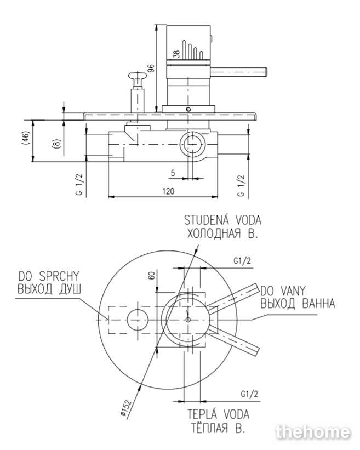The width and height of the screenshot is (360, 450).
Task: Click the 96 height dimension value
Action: [151, 69]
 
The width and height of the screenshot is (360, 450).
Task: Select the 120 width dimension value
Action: [168, 191]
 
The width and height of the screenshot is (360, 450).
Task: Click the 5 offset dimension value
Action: [173, 173]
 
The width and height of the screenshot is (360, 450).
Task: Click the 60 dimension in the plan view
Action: [152, 275]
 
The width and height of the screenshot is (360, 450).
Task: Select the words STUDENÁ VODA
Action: [222, 220]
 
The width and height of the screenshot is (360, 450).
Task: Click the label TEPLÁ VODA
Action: [218, 414]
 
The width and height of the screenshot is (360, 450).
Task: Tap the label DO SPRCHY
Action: [49, 276]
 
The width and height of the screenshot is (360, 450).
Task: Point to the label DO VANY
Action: [283, 291]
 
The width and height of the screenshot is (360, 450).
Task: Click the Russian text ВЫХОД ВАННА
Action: [298, 303]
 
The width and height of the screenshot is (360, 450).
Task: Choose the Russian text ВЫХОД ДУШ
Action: [50, 289]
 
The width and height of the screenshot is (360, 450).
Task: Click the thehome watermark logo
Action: [313, 432]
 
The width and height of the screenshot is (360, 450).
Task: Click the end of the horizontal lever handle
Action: [266, 72]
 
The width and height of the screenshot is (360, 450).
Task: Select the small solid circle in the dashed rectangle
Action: [138, 320]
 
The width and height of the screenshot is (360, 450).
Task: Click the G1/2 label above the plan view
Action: [242, 261]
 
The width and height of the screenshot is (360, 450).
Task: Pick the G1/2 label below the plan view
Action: [249, 394]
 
